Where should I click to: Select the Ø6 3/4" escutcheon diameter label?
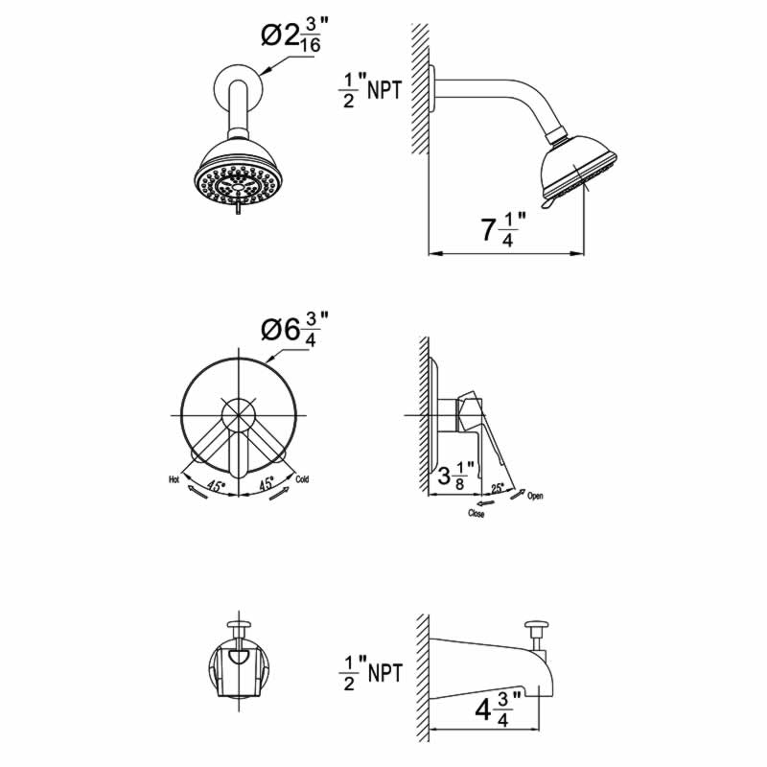coord(294,330)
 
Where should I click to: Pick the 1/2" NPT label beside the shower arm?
coord(370,90)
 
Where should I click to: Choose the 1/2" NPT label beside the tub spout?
coord(370,673)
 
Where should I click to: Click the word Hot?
coord(174,479)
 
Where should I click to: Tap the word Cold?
coord(302,478)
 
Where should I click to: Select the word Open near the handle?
coord(535,496)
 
